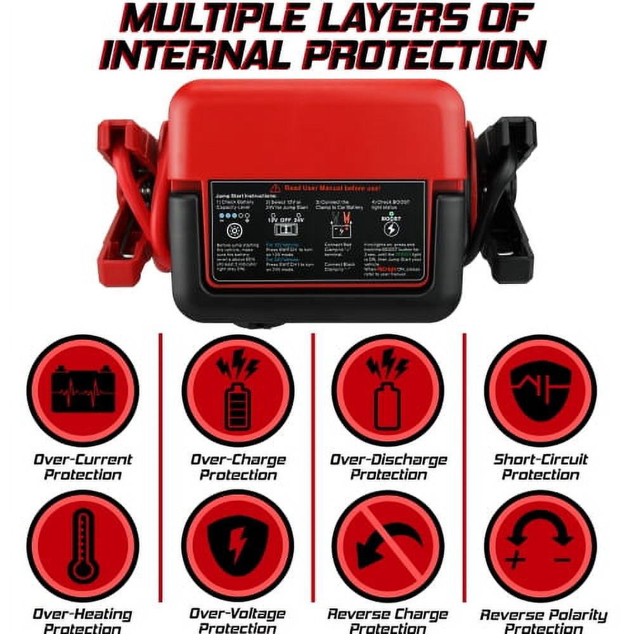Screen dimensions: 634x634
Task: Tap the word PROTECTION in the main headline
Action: click(x=423, y=55)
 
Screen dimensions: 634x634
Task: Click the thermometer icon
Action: click(x=83, y=546)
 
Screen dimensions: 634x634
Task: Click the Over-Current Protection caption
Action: click(x=83, y=467)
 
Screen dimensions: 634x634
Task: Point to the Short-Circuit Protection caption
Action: click(x=541, y=467)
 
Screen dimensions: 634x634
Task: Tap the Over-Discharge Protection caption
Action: click(x=388, y=467)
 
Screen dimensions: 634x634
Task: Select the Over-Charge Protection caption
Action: click(x=238, y=467)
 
